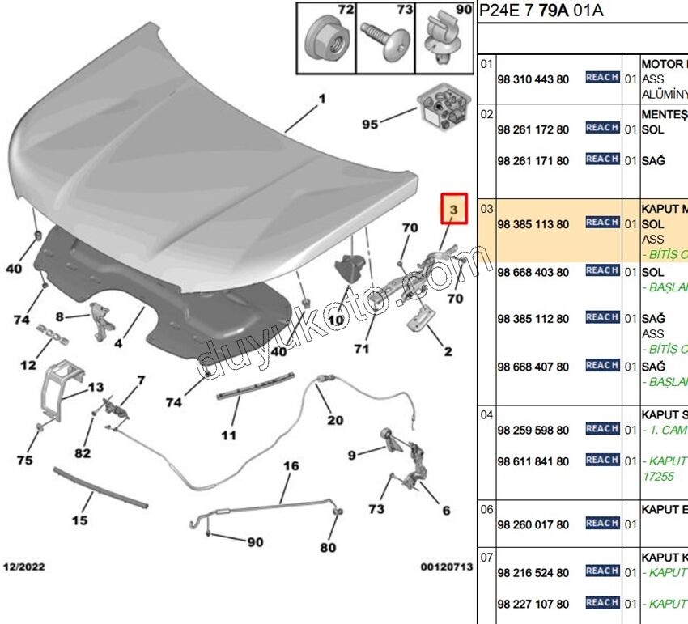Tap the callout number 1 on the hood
pyautogui.click(x=321, y=99)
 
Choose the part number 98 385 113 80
pyautogui.click(x=533, y=223)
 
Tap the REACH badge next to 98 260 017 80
pyautogui.click(x=602, y=524)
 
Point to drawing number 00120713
pyautogui.click(x=446, y=567)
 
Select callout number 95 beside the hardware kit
pyautogui.click(x=370, y=124)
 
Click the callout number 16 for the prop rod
pyautogui.click(x=291, y=466)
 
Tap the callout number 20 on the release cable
pyautogui.click(x=335, y=420)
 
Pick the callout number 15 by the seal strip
pyautogui.click(x=79, y=520)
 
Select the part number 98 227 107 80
pyautogui.click(x=533, y=604)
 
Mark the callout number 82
pyautogui.click(x=83, y=453)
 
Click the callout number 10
pyautogui.click(x=335, y=320)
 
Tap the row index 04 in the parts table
pyautogui.click(x=486, y=415)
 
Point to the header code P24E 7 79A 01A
pyautogui.click(x=542, y=11)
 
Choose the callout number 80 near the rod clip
pyautogui.click(x=327, y=548)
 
